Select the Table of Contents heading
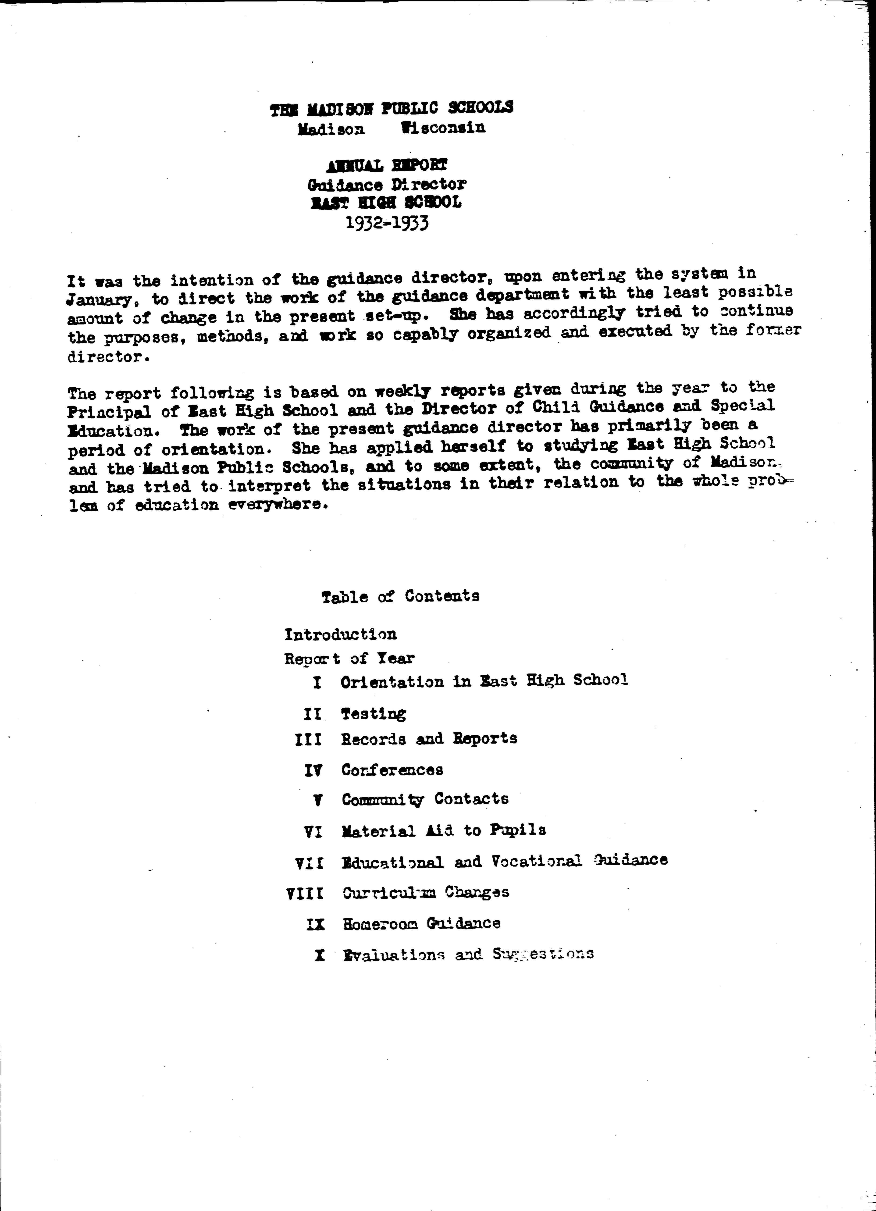(400, 596)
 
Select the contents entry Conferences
(392, 770)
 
